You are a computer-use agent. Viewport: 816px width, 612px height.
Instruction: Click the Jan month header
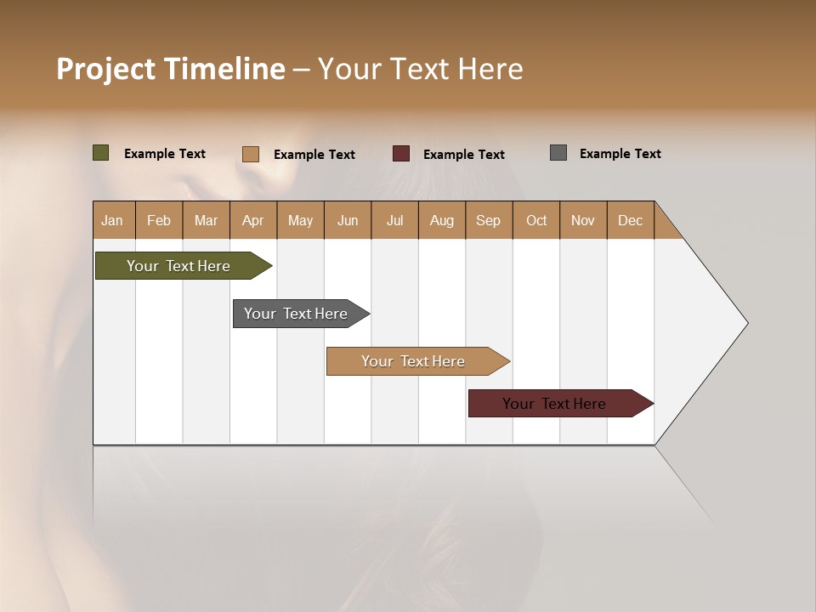pos(113,220)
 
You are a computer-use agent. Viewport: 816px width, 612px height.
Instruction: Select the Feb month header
pos(159,220)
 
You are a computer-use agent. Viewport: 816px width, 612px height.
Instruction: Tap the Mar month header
pos(206,220)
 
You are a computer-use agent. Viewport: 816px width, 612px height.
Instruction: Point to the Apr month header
pos(253,220)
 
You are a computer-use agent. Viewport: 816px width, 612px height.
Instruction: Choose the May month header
pos(300,220)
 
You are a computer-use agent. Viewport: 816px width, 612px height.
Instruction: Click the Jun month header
pos(348,220)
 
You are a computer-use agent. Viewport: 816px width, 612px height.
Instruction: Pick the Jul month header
pos(394,220)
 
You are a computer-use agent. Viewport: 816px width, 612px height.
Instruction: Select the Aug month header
pos(442,220)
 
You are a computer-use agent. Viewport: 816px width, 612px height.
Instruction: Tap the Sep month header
pos(489,220)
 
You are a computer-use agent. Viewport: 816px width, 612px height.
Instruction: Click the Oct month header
pos(536,220)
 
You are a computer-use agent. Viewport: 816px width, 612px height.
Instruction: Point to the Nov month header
pos(583,220)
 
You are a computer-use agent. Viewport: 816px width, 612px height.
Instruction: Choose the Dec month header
pos(630,220)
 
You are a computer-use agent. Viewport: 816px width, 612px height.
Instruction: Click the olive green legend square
pos(101,153)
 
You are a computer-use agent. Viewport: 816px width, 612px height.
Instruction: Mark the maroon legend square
pos(401,153)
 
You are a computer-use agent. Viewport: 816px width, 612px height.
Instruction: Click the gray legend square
pos(558,153)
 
